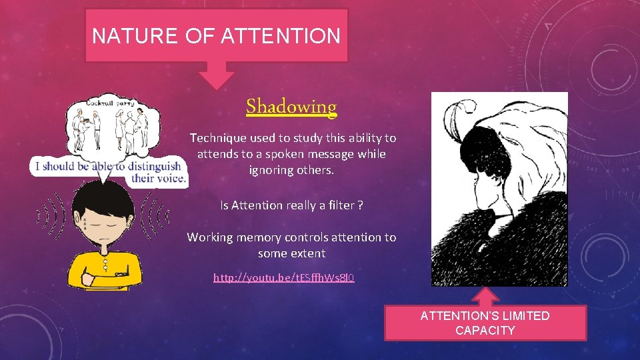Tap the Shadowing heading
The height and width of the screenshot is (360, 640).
pyautogui.click(x=291, y=107)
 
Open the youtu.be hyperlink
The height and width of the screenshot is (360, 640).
pyautogui.click(x=283, y=277)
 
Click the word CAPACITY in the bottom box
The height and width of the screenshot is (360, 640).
pyautogui.click(x=485, y=331)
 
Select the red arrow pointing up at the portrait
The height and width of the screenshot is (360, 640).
pyautogui.click(x=489, y=296)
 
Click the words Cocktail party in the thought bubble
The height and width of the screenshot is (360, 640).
pyautogui.click(x=110, y=104)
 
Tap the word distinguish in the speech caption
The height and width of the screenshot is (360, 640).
pyautogui.click(x=147, y=166)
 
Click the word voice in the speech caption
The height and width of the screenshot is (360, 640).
pyautogui.click(x=172, y=178)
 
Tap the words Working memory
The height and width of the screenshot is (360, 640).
pyautogui.click(x=229, y=237)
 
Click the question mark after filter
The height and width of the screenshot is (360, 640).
pyautogui.click(x=360, y=205)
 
